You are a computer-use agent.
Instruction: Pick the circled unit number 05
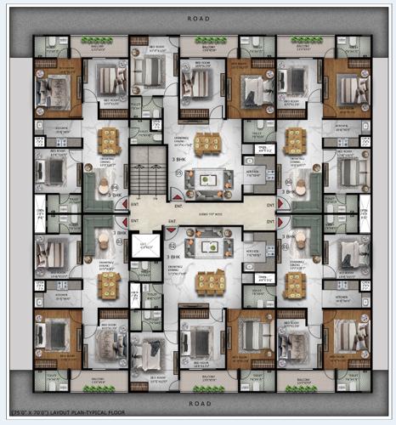coord(179,173)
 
